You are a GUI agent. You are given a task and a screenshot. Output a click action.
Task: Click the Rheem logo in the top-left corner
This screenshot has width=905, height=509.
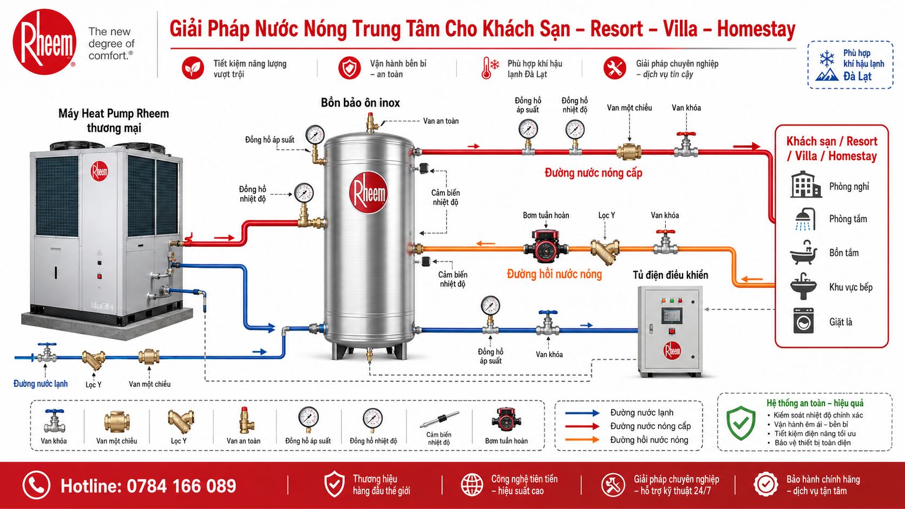click(44, 42)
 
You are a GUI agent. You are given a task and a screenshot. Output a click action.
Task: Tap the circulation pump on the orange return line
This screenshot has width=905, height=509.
click(546, 246)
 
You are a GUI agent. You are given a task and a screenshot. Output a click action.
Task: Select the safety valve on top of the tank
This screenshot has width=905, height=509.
click(371, 123)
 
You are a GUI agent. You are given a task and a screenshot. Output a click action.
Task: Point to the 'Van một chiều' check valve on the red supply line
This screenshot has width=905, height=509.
click(628, 151)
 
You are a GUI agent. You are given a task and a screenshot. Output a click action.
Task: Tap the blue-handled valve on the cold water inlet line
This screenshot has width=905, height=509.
click(47, 353)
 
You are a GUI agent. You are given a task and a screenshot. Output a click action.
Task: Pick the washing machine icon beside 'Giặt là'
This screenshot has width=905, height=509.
click(803, 321)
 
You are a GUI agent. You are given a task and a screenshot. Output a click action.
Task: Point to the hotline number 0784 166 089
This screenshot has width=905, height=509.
click(181, 486)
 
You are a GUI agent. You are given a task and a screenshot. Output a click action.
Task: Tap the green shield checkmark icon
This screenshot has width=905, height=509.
click(740, 422)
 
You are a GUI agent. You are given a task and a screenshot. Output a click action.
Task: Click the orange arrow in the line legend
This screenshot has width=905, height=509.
click(582, 440)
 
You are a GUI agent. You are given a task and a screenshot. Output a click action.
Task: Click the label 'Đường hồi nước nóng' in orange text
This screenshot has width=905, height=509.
click(554, 274)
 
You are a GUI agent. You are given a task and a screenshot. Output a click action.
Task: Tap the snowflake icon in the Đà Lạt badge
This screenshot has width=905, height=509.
click(827, 59)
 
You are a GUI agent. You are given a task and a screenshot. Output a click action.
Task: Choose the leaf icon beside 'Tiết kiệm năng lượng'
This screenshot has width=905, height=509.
click(193, 68)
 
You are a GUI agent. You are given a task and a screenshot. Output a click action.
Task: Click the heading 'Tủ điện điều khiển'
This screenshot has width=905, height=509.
click(670, 275)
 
